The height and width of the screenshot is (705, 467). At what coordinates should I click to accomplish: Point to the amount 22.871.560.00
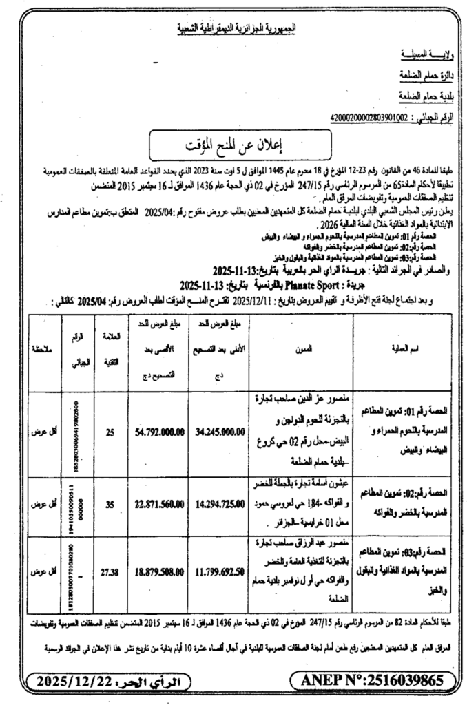click(x=160, y=504)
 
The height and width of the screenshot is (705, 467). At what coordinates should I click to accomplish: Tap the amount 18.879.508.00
click(x=160, y=571)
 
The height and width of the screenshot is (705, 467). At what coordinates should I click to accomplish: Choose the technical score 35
click(x=110, y=504)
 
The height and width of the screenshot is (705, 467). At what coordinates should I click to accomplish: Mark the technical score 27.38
click(x=110, y=571)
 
